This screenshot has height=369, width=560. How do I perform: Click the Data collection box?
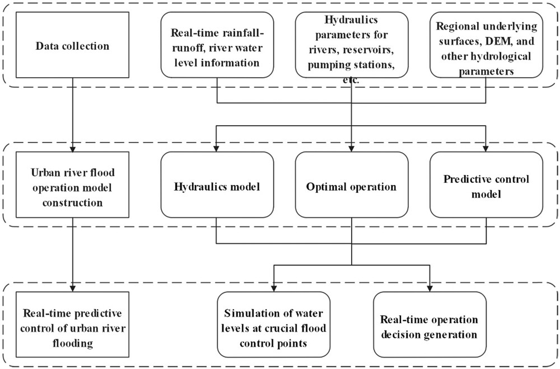click(x=72, y=45)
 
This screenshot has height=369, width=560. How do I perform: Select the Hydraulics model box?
click(x=217, y=184)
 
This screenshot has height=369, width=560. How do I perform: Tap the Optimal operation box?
click(x=352, y=184)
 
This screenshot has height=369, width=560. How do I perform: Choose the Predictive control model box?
click(x=486, y=184)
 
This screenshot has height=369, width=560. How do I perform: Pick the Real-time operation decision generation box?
click(x=430, y=324)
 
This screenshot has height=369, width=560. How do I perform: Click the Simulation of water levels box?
click(x=274, y=324)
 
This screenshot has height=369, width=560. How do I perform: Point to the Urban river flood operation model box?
click(x=72, y=184)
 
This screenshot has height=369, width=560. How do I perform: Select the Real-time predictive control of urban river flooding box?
click(x=72, y=324)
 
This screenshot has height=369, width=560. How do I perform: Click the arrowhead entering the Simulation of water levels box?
click(x=274, y=288)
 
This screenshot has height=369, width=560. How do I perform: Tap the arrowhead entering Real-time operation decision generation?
click(x=430, y=288)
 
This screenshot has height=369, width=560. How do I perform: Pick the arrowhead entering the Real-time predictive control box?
click(x=72, y=288)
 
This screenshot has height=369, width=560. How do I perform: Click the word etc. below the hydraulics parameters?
click(x=351, y=81)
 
